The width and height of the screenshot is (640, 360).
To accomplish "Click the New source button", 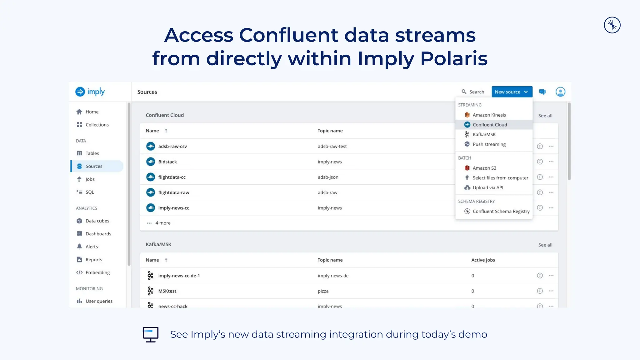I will click(512, 92).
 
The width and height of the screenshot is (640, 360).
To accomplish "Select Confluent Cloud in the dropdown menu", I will click(490, 125).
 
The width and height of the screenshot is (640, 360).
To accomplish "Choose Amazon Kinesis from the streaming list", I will click(489, 115).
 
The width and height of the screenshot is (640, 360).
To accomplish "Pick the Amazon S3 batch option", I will click(484, 168).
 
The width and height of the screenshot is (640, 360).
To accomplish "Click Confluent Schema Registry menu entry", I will click(501, 212).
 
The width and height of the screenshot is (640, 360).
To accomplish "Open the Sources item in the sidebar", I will click(94, 166).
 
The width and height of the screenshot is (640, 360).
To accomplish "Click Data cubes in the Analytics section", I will click(97, 221).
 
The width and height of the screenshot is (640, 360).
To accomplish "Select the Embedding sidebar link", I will click(97, 272).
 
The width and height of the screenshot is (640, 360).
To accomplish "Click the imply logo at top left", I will click(90, 92).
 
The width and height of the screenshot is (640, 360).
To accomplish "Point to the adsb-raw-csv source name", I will click(172, 146).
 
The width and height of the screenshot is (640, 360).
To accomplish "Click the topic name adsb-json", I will click(328, 177).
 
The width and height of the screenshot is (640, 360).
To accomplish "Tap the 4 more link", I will click(162, 223).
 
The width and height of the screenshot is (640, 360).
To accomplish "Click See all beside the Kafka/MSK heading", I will click(545, 245).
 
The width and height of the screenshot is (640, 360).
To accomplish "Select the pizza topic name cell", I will click(323, 291).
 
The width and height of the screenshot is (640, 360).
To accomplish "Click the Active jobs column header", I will click(483, 260).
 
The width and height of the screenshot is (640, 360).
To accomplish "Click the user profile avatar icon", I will click(560, 92).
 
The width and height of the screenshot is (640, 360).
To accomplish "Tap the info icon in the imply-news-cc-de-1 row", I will click(540, 276).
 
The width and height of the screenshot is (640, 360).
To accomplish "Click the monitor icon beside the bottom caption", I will click(151, 334).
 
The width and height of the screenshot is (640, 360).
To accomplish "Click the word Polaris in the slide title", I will click(454, 58).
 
